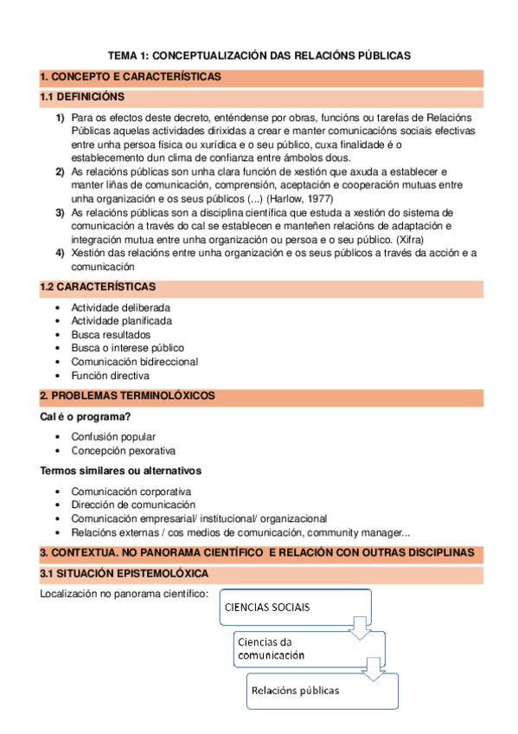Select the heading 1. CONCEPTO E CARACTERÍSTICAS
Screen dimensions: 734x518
pyautogui.click(x=131, y=77)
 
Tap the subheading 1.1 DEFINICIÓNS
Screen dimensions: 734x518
pyautogui.click(x=82, y=96)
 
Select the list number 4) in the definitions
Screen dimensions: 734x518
pyautogui.click(x=61, y=253)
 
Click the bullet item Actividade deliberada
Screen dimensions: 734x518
pyautogui.click(x=120, y=307)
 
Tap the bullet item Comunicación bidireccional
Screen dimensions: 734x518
pyautogui.click(x=134, y=362)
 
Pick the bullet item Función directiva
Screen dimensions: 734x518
pyautogui.click(x=110, y=376)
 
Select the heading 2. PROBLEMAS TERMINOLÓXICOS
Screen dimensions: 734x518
pyautogui.click(x=128, y=396)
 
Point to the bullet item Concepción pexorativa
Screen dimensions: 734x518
pyautogui.click(x=123, y=451)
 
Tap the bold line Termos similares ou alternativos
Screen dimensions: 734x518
pyautogui.click(x=121, y=471)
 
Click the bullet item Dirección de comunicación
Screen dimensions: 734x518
pyautogui.click(x=133, y=505)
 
